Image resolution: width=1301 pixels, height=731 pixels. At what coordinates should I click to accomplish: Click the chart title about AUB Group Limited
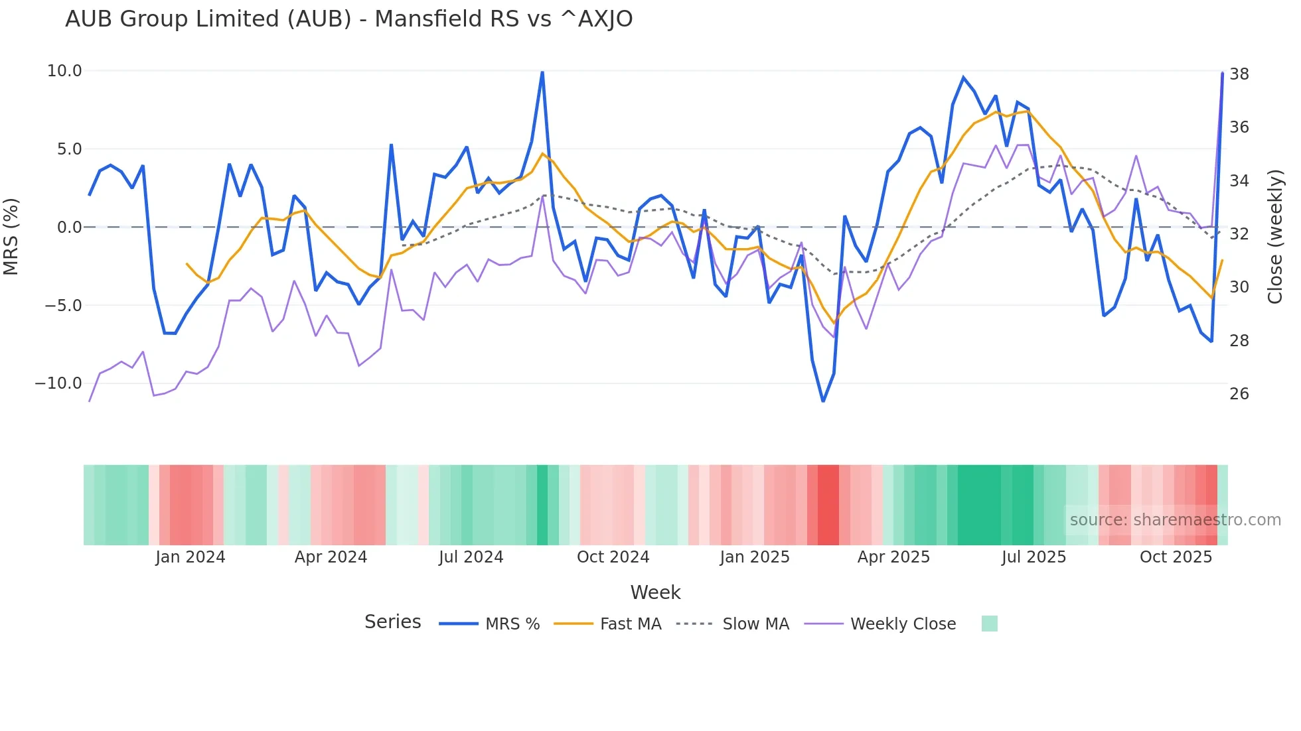click(348, 19)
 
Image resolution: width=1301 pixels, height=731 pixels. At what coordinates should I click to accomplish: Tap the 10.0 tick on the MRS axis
click(64, 71)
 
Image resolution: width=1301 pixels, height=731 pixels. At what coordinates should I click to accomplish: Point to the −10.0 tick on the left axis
click(58, 383)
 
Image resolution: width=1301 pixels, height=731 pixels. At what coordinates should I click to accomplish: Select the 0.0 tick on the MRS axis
click(69, 228)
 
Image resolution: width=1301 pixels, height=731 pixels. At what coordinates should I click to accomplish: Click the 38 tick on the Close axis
click(1239, 74)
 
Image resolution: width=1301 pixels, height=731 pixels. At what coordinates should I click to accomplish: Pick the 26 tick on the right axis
click(1239, 394)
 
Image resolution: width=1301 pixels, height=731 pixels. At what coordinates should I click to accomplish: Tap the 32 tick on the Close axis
click(1239, 234)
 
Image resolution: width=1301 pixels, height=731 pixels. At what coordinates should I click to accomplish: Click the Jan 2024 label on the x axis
click(191, 557)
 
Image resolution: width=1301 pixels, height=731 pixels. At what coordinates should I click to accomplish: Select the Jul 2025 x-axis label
click(1033, 557)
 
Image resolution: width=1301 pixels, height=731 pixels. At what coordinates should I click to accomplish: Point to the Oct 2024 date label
click(613, 557)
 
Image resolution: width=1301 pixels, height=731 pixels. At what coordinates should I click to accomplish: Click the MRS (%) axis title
click(11, 237)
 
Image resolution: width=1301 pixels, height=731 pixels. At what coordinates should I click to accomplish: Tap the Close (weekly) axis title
click(1275, 237)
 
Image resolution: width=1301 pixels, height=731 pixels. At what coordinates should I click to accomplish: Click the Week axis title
click(655, 592)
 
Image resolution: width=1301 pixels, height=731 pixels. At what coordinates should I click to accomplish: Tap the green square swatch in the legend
click(989, 624)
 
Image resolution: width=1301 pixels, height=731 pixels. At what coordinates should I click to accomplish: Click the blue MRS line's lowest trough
click(823, 401)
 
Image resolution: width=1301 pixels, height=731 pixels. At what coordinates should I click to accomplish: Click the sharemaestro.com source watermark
click(1175, 520)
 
